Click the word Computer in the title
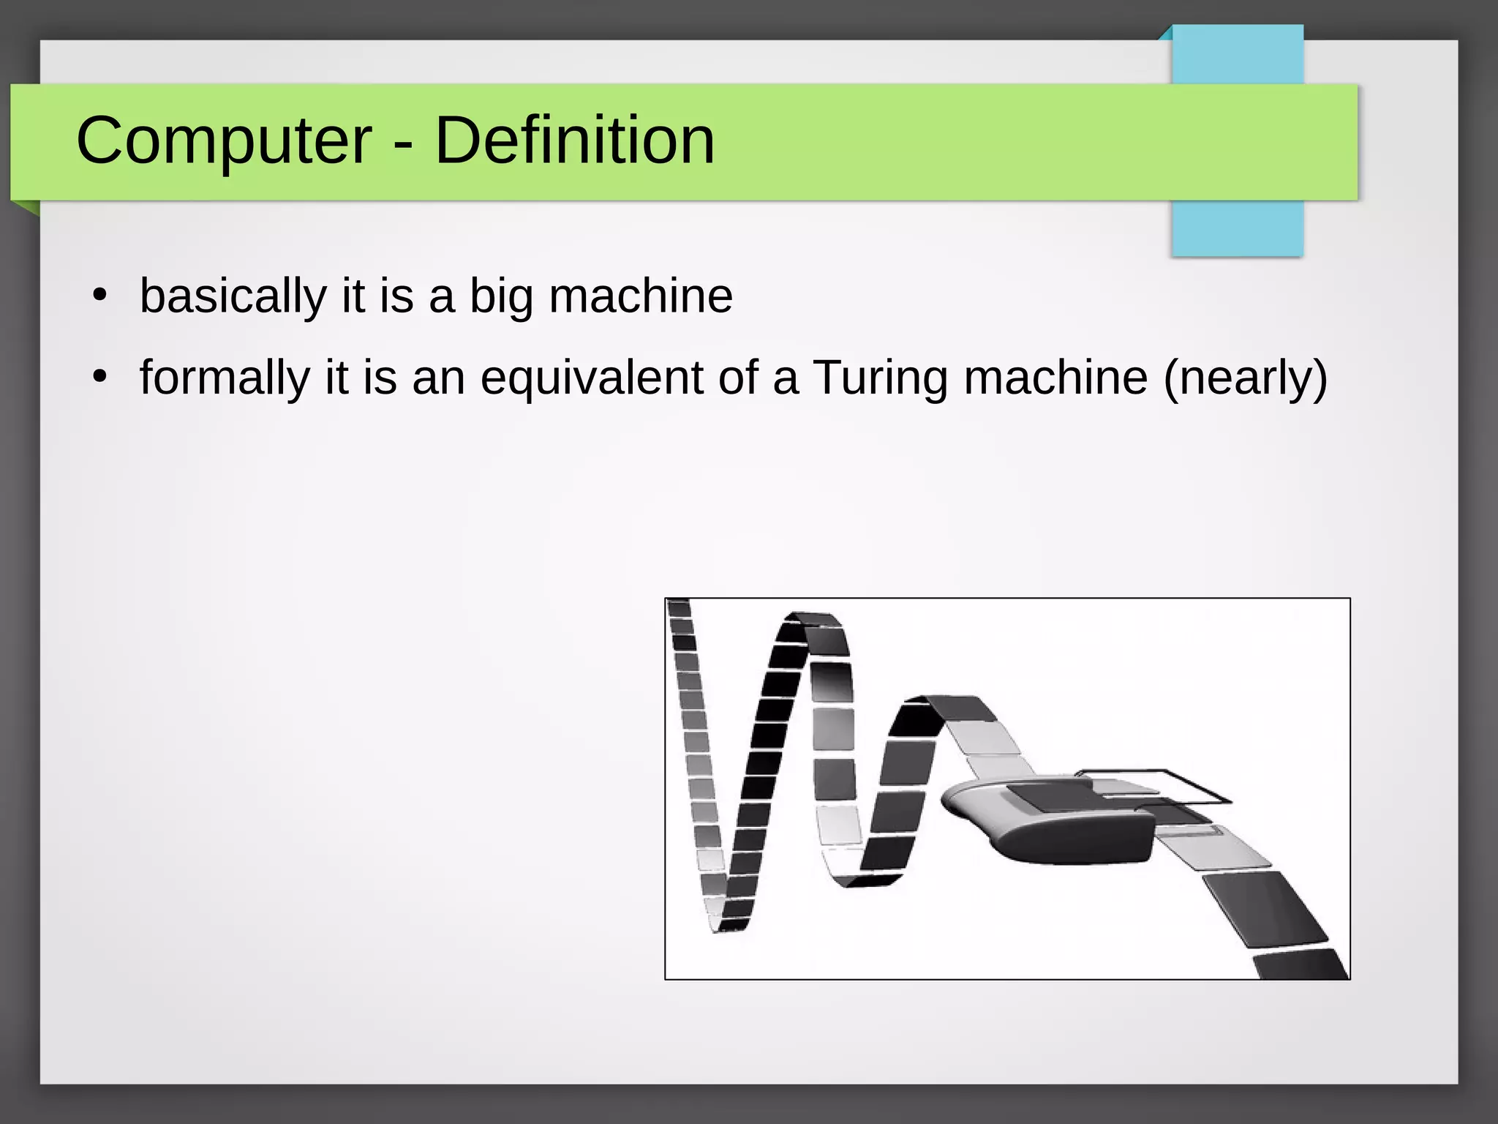pos(224,140)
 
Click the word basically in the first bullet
pos(233,296)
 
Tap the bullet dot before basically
pos(100,296)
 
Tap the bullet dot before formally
pos(100,378)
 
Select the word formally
pos(225,378)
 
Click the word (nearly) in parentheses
pos(1244,378)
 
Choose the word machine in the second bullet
pos(1055,378)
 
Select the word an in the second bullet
pos(438,378)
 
